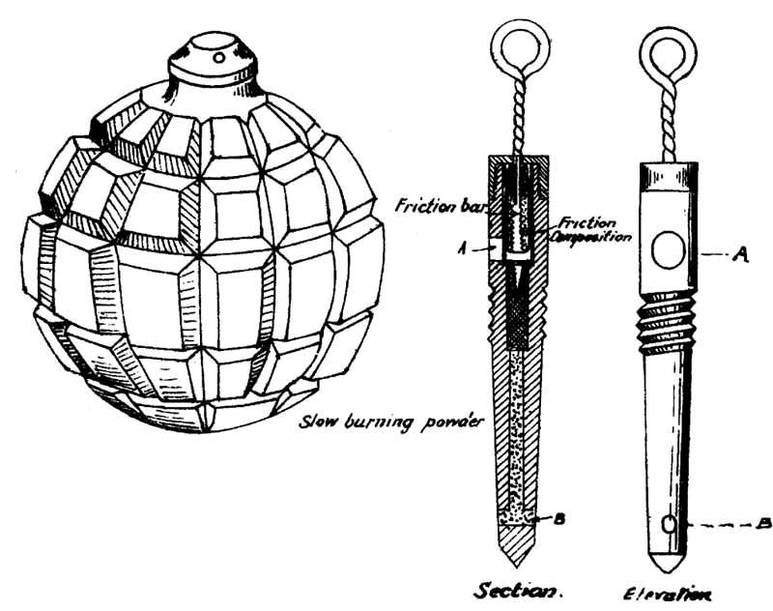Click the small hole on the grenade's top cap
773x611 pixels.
tap(219, 58)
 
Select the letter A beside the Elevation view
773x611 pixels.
tap(741, 255)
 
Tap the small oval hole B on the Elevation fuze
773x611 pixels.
tap(669, 525)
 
